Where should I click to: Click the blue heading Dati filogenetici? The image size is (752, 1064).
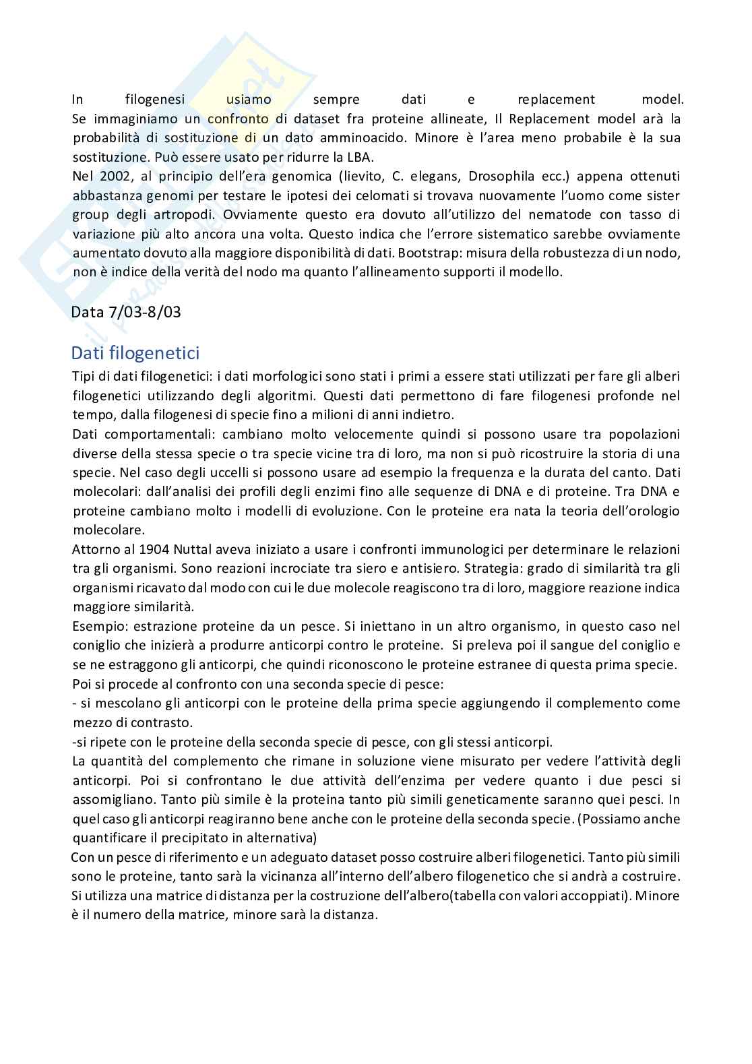(x=135, y=352)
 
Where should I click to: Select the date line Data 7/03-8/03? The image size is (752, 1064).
(x=127, y=312)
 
